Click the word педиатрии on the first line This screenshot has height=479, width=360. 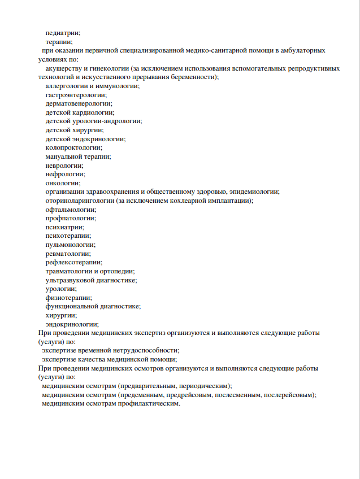tap(63, 33)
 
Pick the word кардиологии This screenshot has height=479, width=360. tap(92, 112)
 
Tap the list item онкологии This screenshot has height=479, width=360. tap(63, 182)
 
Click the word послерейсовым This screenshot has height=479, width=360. tap(289, 395)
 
